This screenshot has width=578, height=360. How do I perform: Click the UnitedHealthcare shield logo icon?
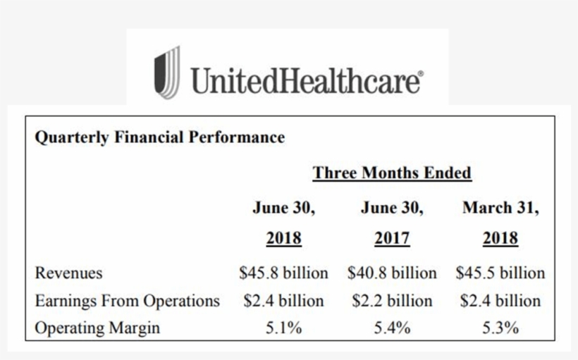[x=166, y=69]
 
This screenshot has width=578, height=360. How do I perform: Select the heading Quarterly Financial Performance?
[x=160, y=137]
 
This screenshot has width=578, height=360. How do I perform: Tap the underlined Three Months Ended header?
[x=392, y=173]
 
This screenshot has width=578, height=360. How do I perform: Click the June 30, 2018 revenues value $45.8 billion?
[x=283, y=273]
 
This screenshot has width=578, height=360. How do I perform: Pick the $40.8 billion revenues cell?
[x=392, y=273]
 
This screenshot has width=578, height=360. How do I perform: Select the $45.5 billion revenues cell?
[x=500, y=273]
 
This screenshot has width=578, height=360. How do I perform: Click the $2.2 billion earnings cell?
[x=392, y=301]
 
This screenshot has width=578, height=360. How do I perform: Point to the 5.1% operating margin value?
[x=283, y=328]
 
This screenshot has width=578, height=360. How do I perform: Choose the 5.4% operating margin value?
[x=392, y=328]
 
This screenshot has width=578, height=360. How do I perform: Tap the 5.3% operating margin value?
[x=500, y=328]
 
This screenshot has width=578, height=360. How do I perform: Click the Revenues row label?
[x=68, y=273]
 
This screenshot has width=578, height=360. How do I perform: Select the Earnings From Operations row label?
[x=128, y=301]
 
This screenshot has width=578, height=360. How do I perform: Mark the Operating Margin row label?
[x=97, y=328]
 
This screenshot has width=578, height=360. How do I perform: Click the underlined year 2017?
[x=392, y=239]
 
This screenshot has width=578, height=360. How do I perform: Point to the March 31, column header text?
[x=500, y=209]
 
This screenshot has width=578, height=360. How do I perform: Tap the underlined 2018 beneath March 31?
[x=500, y=239]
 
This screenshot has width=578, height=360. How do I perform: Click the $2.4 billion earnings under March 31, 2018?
[x=500, y=301]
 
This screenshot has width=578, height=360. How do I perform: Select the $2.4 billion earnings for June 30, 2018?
[x=283, y=301]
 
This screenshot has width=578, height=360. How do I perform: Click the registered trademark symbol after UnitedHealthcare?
[x=421, y=73]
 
